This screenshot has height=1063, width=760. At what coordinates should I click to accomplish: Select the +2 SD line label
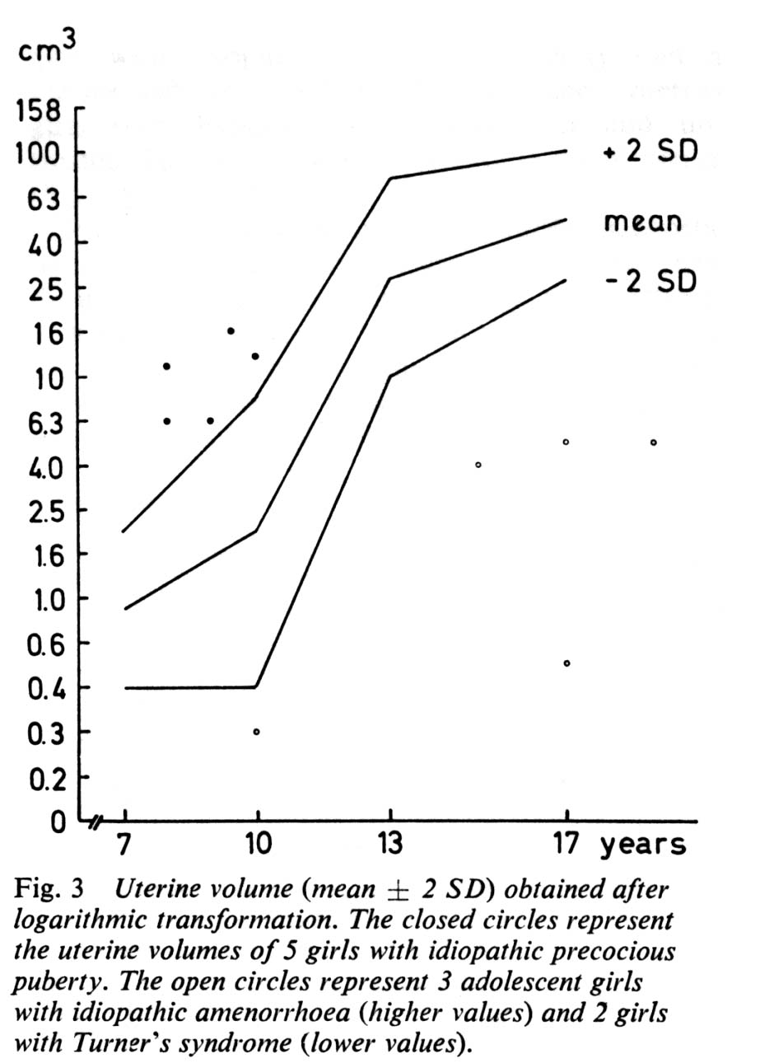(x=650, y=153)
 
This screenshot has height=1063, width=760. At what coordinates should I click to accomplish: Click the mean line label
(x=643, y=221)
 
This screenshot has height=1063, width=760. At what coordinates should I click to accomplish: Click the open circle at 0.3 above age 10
(x=257, y=732)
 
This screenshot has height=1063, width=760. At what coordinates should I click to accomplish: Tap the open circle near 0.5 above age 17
(x=567, y=663)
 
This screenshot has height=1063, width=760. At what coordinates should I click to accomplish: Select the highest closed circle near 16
(x=231, y=331)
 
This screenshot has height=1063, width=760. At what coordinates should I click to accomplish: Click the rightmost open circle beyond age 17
(x=654, y=443)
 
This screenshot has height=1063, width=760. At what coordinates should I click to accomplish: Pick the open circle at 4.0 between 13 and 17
(x=478, y=465)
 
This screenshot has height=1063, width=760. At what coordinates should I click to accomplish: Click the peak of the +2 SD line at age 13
(x=390, y=178)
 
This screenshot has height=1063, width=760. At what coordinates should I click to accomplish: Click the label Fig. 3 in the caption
(x=49, y=891)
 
